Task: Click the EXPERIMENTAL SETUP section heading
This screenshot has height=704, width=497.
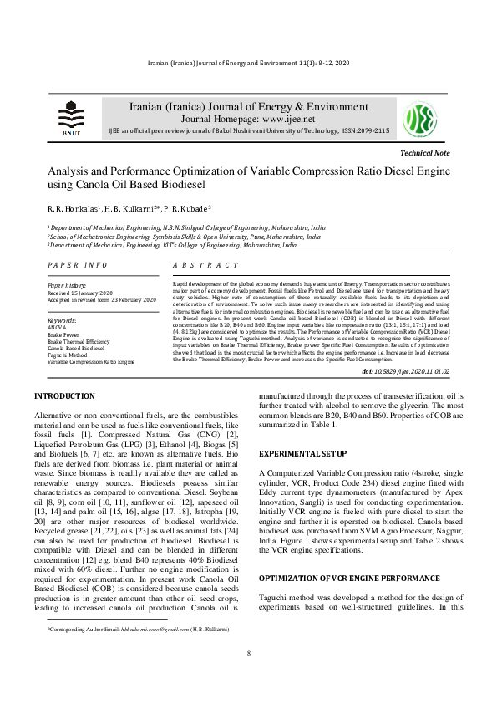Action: click(302, 452)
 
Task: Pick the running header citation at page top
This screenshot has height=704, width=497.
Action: click(248, 64)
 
